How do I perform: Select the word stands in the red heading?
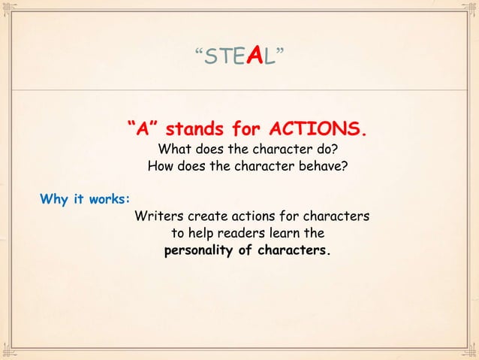pos(205,129)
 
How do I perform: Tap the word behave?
pos(321,165)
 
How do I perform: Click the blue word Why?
pos(53,199)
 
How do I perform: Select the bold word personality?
pos(198,250)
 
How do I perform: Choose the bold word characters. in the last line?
pos(293,250)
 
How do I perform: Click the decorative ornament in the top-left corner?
pos(9,9)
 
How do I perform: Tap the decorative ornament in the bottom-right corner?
pos(470,351)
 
